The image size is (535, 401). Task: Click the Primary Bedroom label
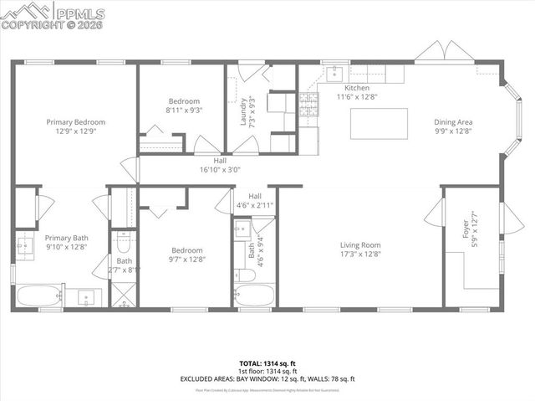coord(80,122)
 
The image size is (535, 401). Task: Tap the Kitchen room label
coord(357,88)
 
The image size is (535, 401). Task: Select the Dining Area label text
coord(452,122)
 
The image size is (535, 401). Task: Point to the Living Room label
coord(360,244)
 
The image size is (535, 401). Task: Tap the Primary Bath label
coord(66,239)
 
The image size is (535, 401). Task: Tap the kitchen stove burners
coord(309,105)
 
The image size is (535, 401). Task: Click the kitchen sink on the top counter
coord(332,71)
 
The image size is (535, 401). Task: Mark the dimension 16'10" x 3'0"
coord(220,169)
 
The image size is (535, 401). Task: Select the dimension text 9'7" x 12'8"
coord(186,260)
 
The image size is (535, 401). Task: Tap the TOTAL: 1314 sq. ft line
coord(267,362)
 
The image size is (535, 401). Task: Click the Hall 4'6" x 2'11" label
coord(255,201)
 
